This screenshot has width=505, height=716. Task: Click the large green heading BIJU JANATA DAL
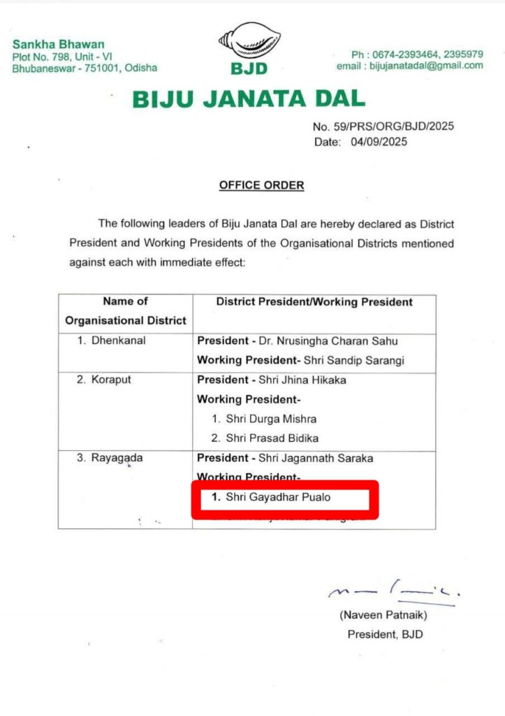pos(249,99)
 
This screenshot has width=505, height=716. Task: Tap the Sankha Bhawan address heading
pos(58,44)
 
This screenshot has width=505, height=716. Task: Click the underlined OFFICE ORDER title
pos(261,185)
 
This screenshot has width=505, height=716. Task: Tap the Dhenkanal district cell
pos(108,341)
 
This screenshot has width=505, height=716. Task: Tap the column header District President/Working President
pos(314,302)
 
